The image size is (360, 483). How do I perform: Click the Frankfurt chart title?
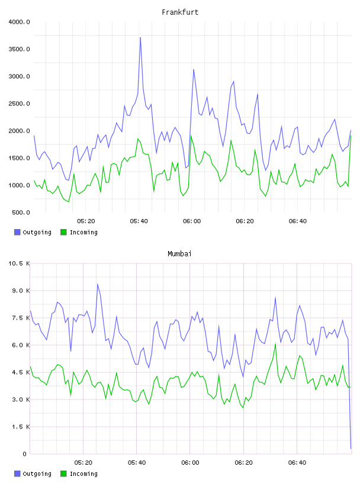(180, 12)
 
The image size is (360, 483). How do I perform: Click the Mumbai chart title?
(179, 254)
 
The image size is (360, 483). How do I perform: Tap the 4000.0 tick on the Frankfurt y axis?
(19, 22)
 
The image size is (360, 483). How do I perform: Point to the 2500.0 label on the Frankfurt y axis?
(19, 104)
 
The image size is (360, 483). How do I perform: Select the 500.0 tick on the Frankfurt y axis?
(21, 212)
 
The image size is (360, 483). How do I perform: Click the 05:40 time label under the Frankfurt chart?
(139, 221)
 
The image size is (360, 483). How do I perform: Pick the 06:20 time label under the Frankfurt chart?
(245, 221)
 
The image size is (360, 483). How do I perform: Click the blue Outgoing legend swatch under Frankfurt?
(17, 232)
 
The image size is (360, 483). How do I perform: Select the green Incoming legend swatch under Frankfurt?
(63, 232)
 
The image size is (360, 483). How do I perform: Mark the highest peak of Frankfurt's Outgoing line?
(140, 37)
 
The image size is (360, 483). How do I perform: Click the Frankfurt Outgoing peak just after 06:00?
(194, 70)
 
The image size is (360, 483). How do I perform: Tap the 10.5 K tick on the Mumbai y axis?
(19, 263)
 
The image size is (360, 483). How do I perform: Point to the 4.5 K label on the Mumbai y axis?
(21, 372)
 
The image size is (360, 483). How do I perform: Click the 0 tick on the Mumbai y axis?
(24, 454)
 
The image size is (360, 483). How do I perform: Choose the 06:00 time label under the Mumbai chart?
(190, 463)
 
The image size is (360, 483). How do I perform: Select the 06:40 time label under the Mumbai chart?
(297, 463)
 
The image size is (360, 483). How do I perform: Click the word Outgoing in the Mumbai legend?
(37, 474)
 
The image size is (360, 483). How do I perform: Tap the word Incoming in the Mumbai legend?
(83, 474)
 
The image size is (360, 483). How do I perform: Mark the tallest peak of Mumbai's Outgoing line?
(97, 284)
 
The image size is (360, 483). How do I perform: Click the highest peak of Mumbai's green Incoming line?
(275, 344)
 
